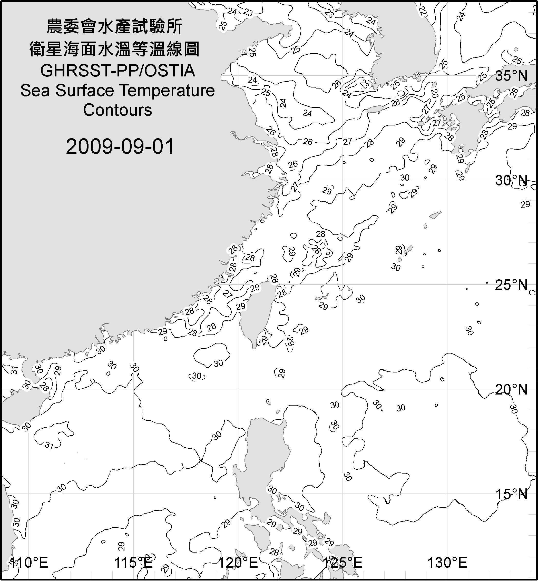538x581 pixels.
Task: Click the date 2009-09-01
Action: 120,146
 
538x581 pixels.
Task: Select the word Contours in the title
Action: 118,110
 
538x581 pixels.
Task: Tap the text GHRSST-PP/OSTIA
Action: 118,71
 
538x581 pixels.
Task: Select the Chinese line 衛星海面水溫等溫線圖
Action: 114,49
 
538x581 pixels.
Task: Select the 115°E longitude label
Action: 133,563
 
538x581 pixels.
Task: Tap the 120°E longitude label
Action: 238,563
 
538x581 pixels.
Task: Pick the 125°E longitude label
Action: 343,563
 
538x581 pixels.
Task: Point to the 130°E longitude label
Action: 447,563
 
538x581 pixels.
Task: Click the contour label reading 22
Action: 422,11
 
